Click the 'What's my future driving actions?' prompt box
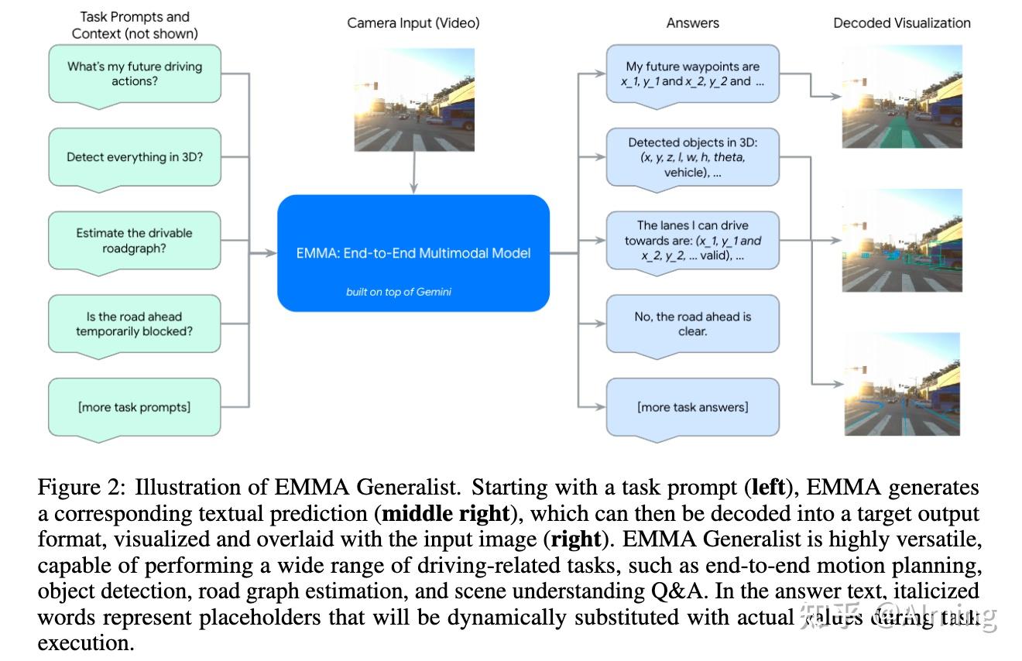(135, 74)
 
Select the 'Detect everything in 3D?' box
(135, 157)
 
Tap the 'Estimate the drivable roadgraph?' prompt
(135, 241)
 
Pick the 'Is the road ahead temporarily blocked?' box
(135, 324)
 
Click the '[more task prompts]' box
(135, 406)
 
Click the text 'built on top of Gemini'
(398, 292)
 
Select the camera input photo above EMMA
(414, 100)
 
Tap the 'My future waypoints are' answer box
(692, 74)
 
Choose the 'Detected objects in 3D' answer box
(692, 157)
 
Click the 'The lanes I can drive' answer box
(692, 241)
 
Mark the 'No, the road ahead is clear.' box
(692, 324)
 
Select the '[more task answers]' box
(692, 406)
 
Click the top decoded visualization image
(902, 97)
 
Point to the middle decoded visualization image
(902, 241)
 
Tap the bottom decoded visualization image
(902, 384)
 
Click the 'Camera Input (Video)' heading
(413, 23)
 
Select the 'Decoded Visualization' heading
(901, 23)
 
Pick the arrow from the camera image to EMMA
(414, 172)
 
